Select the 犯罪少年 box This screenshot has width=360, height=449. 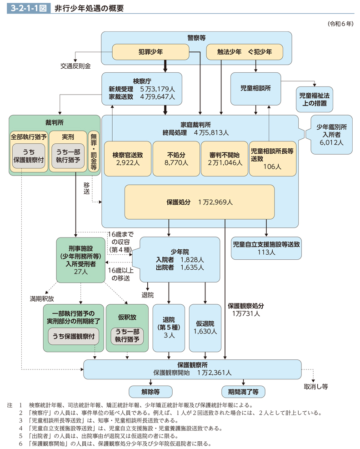pos(151,52)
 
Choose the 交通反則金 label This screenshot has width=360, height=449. pos(75,66)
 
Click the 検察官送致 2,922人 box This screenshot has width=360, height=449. pos(128,158)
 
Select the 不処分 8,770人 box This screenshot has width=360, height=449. pos(176,158)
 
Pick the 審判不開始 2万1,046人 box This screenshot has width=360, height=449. pos(225,158)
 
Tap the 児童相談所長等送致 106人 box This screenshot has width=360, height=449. pos(272,158)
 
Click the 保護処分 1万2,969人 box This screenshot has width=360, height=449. pos(200,202)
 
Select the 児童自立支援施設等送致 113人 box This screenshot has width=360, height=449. pos(266,247)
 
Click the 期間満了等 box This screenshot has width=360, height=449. pos(243,391)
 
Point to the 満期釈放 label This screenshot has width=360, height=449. pos(42,299)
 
